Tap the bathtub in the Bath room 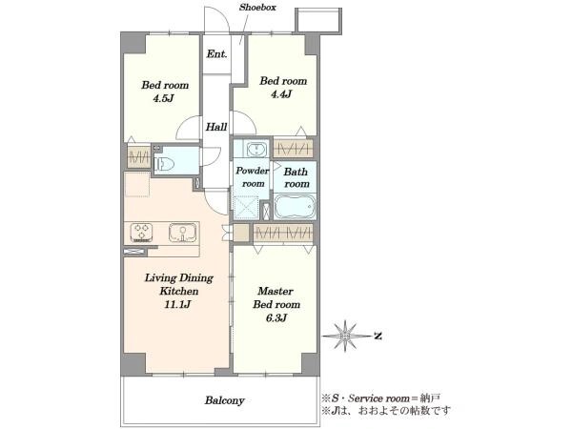(295, 207)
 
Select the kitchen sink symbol (182, 233)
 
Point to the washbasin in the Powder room (256, 150)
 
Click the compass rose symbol (345, 336)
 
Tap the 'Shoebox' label (257, 8)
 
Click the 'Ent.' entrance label (216, 54)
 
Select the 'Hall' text (216, 127)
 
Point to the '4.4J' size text (281, 94)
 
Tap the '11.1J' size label (177, 304)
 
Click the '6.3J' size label (276, 317)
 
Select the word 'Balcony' (224, 400)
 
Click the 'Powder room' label (252, 177)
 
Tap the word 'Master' (276, 291)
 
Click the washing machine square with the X (247, 208)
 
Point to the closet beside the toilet (139, 157)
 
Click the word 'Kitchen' (179, 291)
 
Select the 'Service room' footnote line (380, 398)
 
